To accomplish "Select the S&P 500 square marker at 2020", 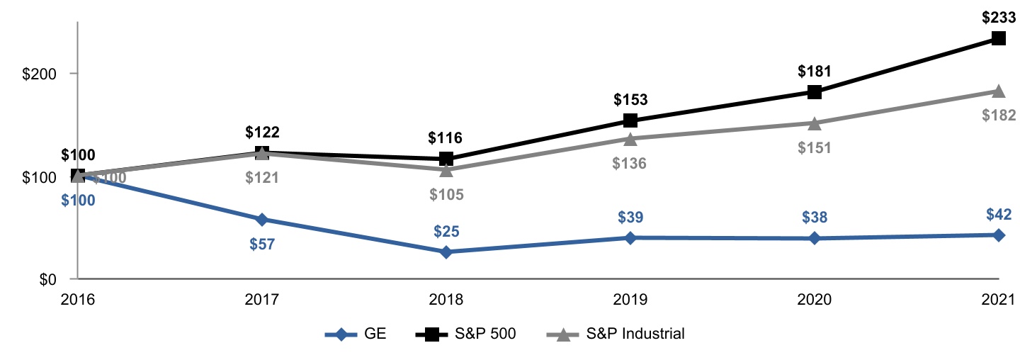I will click(x=815, y=92).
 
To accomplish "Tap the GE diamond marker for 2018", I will click(x=446, y=252).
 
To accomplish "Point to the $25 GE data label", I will click(x=446, y=230).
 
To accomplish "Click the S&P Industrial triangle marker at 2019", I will click(x=630, y=138).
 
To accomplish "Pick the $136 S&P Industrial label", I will click(x=630, y=163).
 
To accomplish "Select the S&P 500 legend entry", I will click(x=464, y=334).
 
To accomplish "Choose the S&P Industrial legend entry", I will click(x=616, y=334).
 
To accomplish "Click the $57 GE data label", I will click(x=262, y=244).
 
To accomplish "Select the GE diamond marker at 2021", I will click(x=999, y=235).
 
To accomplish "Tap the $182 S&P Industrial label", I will click(x=999, y=115).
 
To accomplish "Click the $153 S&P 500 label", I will click(x=630, y=99).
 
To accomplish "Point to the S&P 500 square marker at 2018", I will click(x=446, y=159).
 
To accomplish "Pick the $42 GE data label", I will click(x=999, y=214).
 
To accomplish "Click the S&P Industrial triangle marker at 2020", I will click(x=815, y=123).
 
